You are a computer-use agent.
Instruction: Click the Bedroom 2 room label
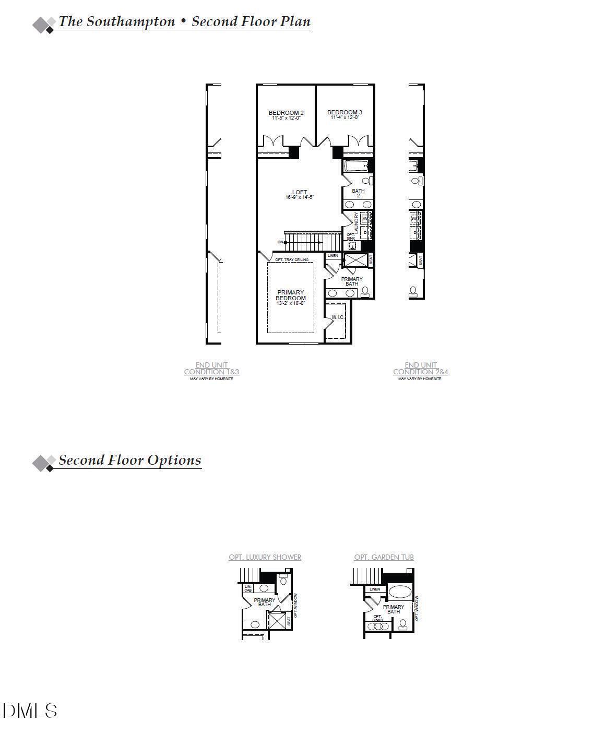click(x=286, y=113)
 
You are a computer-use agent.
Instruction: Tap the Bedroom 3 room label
click(x=344, y=112)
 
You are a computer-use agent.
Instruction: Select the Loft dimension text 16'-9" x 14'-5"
click(x=300, y=197)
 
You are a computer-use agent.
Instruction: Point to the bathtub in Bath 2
click(x=356, y=167)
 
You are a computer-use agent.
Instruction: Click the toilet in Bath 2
click(x=370, y=181)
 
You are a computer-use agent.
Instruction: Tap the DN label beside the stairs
click(x=280, y=242)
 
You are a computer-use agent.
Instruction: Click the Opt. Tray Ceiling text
click(x=292, y=259)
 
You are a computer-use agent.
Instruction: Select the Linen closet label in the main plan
click(x=332, y=256)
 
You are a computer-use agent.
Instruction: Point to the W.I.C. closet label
click(x=337, y=317)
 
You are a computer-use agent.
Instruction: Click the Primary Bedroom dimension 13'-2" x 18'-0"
click(x=291, y=303)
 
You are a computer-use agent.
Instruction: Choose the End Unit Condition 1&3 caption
click(x=211, y=369)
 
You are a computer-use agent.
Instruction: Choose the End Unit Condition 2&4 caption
click(x=420, y=369)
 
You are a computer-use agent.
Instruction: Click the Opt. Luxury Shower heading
click(x=265, y=557)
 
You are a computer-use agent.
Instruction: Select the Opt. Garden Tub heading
click(x=384, y=557)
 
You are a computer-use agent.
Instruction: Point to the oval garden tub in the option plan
click(x=400, y=592)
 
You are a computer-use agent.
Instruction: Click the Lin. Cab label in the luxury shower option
click(x=248, y=588)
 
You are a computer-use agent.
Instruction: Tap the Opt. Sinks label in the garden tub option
click(x=377, y=618)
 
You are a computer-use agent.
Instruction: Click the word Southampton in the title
click(x=130, y=21)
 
